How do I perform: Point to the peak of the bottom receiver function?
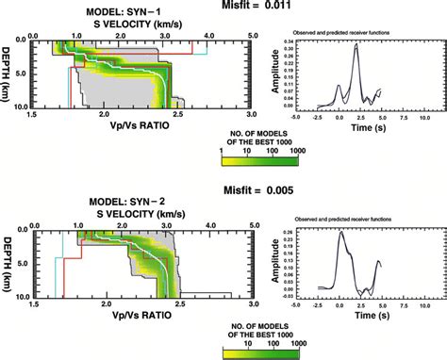[341, 231]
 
